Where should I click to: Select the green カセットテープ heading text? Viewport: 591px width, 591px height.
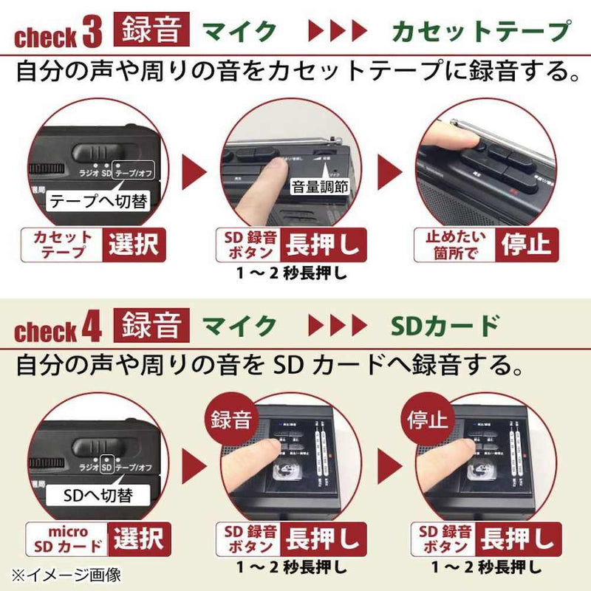481,31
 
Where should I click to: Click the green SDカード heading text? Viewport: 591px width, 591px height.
443,325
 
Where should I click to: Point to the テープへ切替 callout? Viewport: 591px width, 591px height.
98,202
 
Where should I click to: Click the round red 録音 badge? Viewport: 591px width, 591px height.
231,420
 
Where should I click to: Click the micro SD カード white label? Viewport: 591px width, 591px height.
68,539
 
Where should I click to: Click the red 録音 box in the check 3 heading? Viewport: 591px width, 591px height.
152,30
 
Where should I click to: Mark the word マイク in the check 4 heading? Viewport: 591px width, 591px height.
239,325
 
